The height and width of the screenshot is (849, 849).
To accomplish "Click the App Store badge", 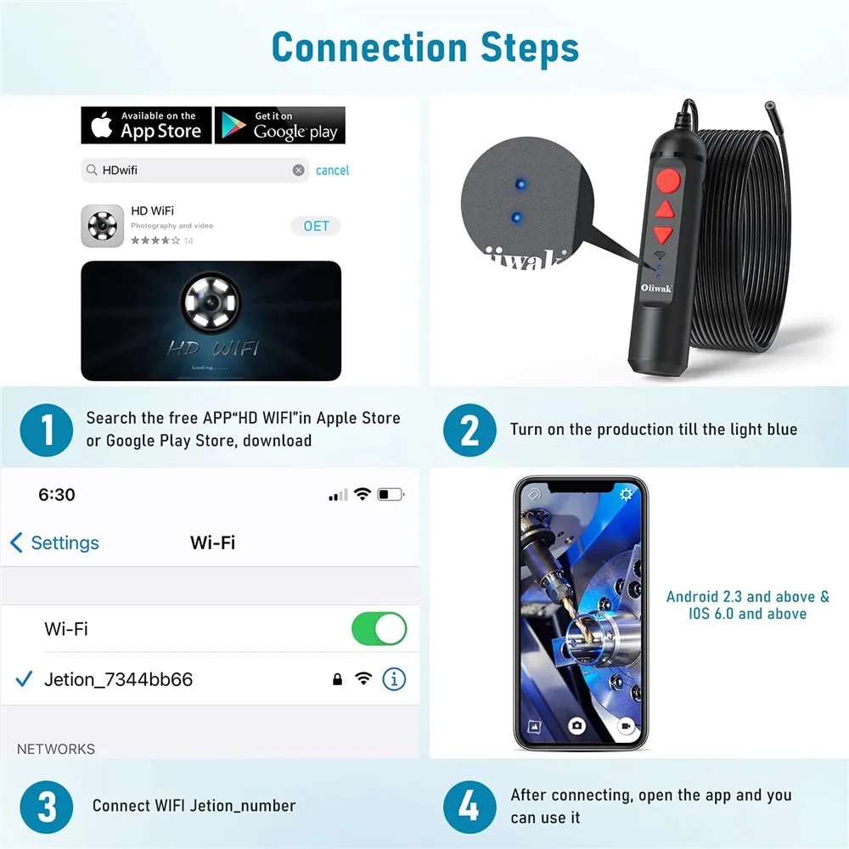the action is click(146, 125).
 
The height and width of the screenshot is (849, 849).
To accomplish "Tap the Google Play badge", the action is click(280, 125).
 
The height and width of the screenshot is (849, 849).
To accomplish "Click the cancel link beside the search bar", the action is click(333, 171).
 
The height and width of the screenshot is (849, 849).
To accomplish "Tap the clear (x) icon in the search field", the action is click(298, 171).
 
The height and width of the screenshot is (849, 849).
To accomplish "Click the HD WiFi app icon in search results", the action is click(103, 226).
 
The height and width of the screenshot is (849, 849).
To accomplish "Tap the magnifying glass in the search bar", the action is click(92, 171).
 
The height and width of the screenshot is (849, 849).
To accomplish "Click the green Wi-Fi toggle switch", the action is click(379, 628).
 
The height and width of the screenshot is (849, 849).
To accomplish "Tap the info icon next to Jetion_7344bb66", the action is click(394, 679).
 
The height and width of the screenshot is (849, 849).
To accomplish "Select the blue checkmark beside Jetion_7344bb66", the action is click(25, 679).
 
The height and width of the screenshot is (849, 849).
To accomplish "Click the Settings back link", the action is click(54, 543).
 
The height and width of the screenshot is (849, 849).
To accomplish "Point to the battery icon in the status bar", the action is click(391, 494).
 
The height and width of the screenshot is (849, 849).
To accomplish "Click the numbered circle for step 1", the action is click(47, 430).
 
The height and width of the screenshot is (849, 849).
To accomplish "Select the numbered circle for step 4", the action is click(469, 807).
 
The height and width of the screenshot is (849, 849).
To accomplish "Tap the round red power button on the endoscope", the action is click(669, 180).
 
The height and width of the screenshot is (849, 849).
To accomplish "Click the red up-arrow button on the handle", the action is click(665, 210).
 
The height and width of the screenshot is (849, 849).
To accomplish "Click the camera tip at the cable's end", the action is click(769, 105).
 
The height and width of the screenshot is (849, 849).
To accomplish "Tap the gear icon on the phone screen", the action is click(626, 494).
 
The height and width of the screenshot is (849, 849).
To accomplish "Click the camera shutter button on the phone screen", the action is click(576, 726).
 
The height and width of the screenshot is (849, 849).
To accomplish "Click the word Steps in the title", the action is click(530, 48).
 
